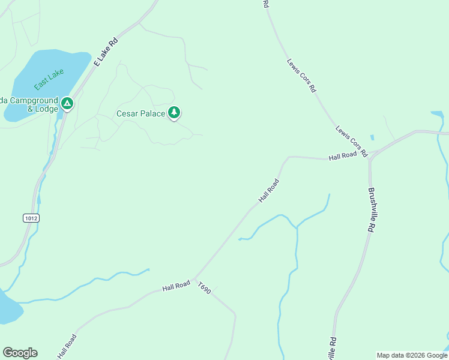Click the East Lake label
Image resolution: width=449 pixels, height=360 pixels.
point(49,79)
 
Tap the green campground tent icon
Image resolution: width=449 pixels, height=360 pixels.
point(67,104)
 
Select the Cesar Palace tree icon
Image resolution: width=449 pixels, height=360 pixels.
point(174,112)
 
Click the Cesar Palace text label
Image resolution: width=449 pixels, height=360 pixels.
point(140,113)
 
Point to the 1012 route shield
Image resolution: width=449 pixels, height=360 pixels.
point(32,218)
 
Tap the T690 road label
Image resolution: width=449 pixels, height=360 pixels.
point(205,289)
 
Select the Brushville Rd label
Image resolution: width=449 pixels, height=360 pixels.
point(372,209)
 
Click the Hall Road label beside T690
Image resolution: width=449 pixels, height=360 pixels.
point(176,286)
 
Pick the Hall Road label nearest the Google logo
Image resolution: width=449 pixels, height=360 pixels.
point(67,346)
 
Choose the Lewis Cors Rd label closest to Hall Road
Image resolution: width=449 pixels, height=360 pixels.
point(351,141)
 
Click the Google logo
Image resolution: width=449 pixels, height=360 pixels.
point(20,353)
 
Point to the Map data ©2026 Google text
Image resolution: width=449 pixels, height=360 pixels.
point(412,355)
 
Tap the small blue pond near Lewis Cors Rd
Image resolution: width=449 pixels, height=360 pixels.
point(372,138)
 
